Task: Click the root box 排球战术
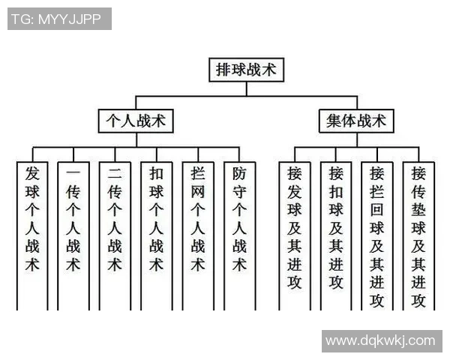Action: [x=246, y=70]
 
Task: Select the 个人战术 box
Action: [x=136, y=121]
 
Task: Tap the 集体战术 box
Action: [x=356, y=121]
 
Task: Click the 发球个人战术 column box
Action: [x=32, y=236]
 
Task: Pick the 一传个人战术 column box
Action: [x=73, y=236]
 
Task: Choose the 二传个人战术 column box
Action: [x=115, y=236]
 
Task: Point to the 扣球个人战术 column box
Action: [x=157, y=236]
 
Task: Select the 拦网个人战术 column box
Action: [x=198, y=236]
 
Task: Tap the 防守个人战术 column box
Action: [x=240, y=236]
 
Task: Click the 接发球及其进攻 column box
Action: [x=295, y=236]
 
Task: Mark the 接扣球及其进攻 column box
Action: [x=336, y=236]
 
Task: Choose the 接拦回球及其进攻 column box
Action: [x=377, y=236]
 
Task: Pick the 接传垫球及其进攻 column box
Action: [x=418, y=236]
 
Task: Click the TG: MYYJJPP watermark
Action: [x=59, y=19]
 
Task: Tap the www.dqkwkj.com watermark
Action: [x=382, y=341]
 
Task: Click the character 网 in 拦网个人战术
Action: [x=198, y=192]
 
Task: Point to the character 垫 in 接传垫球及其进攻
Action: [x=418, y=209]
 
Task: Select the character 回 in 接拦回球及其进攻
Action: [x=376, y=210]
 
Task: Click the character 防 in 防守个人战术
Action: [x=239, y=173]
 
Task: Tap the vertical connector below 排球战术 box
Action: [x=247, y=88]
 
